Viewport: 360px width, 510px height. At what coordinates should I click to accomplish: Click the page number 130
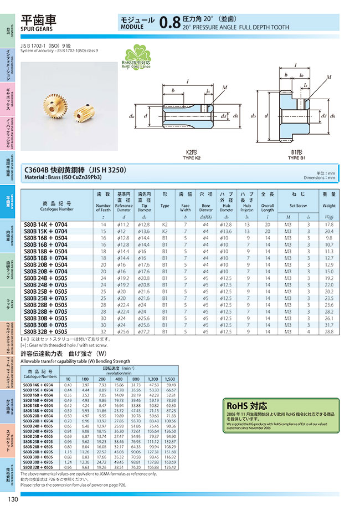(x=13, y=501)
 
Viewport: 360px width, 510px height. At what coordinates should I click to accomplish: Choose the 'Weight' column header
(x=329, y=205)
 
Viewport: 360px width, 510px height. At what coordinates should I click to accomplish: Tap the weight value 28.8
(x=329, y=331)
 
